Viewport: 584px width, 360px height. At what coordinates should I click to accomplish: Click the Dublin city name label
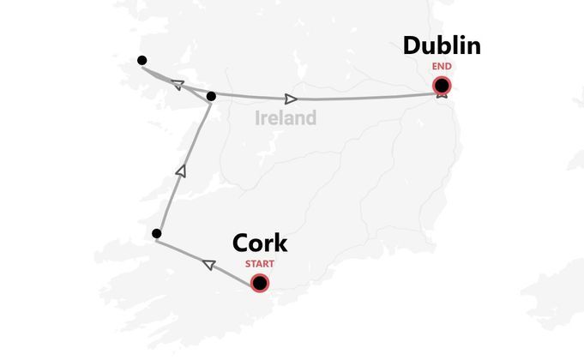click(442, 46)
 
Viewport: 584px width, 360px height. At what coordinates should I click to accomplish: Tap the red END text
click(442, 65)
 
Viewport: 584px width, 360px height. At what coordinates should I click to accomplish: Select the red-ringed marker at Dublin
click(442, 85)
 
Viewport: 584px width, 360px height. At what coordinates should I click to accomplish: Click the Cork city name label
click(260, 243)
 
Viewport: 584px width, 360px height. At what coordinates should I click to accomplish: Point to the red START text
click(260, 263)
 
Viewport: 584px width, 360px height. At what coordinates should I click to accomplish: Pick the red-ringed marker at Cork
click(260, 283)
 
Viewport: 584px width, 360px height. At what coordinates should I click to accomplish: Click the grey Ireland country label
click(286, 118)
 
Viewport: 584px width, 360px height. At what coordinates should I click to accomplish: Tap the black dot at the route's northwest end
click(141, 61)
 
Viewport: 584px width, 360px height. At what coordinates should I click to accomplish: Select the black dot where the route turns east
click(211, 96)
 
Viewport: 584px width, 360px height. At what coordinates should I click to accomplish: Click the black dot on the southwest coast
click(156, 233)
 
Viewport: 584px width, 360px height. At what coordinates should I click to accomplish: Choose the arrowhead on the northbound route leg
click(180, 171)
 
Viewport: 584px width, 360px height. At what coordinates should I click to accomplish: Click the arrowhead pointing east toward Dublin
click(292, 99)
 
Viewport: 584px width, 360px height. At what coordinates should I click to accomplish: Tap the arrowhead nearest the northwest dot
click(178, 84)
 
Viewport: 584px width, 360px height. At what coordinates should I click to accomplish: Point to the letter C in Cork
click(242, 243)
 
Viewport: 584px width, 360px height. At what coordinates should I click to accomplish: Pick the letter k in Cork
click(280, 243)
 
